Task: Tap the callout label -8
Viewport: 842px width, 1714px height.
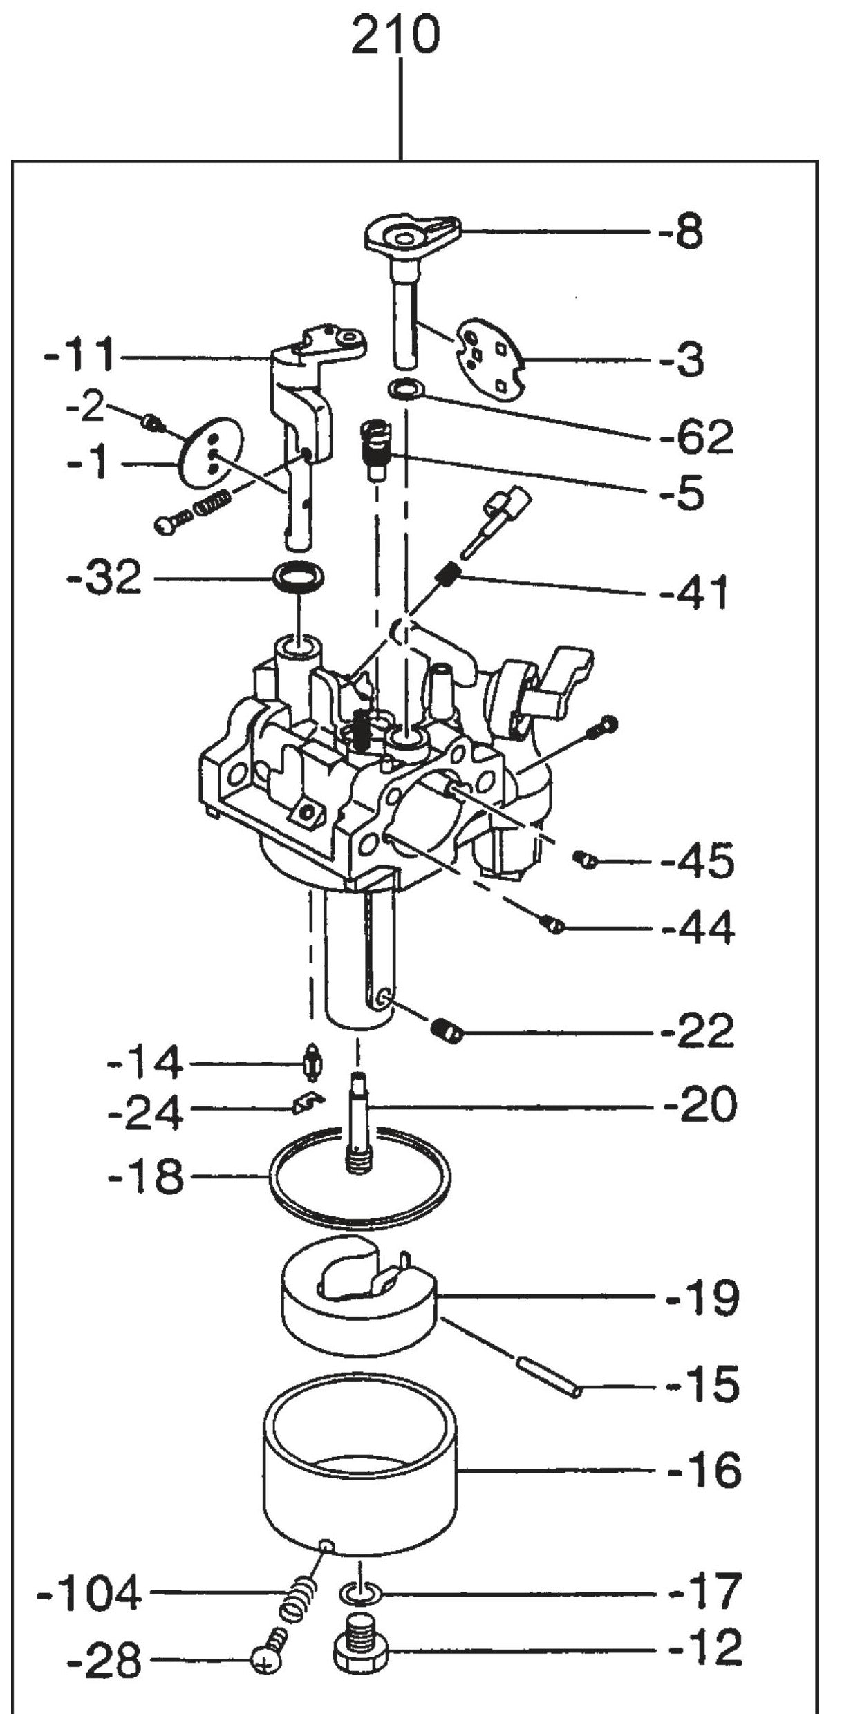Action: pyautogui.click(x=681, y=233)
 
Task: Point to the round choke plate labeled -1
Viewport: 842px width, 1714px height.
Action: pyautogui.click(x=211, y=453)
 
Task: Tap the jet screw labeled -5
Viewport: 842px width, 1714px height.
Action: pyautogui.click(x=374, y=451)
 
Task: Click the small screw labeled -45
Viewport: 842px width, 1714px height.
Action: pyautogui.click(x=585, y=860)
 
